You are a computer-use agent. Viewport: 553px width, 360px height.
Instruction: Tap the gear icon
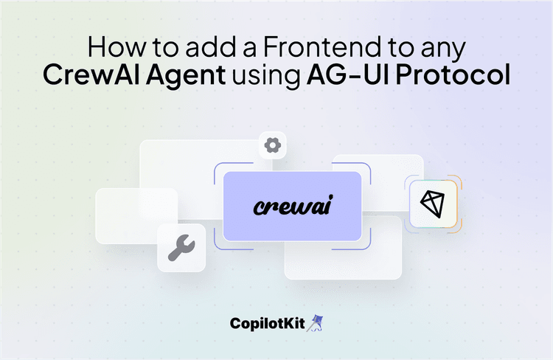[272, 145]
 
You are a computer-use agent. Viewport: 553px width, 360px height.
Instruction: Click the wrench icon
[181, 249]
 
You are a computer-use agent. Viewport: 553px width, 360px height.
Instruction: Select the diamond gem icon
[431, 203]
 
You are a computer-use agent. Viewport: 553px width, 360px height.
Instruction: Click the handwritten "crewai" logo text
[293, 206]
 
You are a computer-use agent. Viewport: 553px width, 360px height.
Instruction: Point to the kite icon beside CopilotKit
[318, 323]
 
